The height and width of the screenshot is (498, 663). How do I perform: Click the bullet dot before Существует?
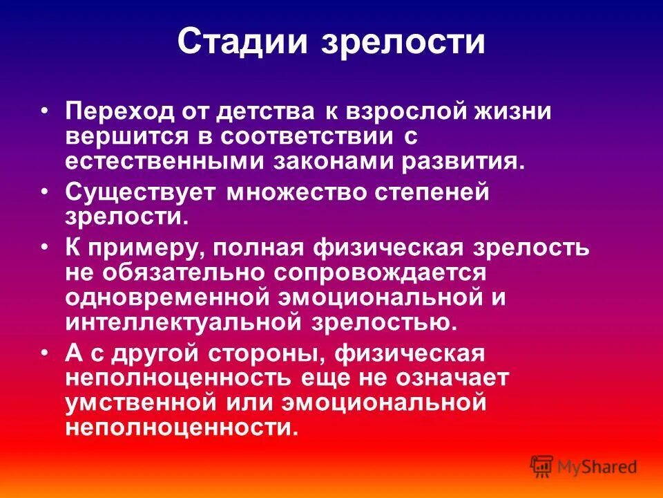pyautogui.click(x=46, y=191)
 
